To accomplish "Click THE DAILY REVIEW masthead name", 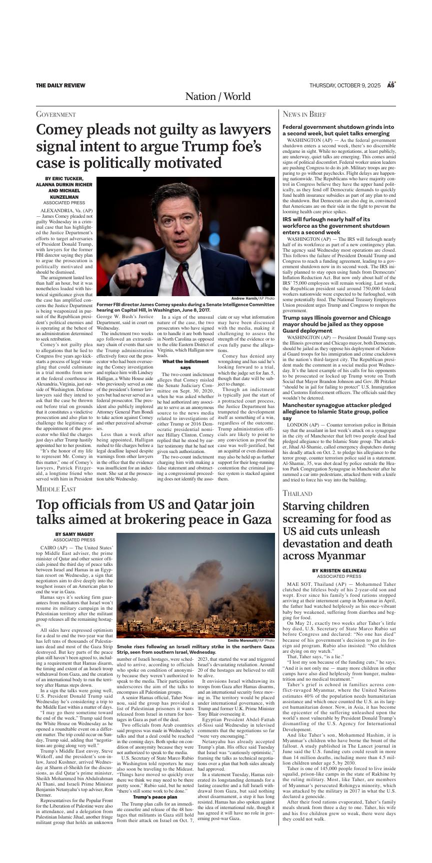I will click(60, 85).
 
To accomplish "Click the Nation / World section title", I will click(217, 96).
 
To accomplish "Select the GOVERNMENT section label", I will click(55, 114).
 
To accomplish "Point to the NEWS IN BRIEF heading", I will click(304, 114).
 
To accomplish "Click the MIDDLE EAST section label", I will click(56, 488).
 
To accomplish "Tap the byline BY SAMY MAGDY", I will click(74, 534).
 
